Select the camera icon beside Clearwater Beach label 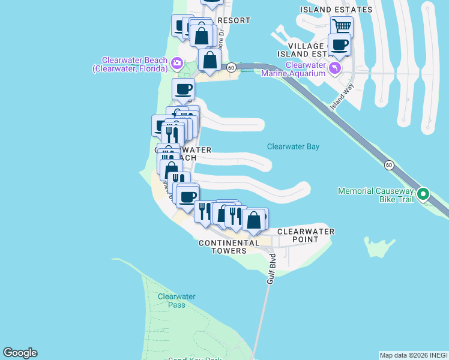pos(176,62)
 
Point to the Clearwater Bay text pos(293,146)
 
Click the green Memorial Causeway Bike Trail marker pos(423,194)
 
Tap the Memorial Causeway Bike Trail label pos(376,195)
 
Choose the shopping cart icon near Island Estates pos(342,26)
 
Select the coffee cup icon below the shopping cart pos(340,44)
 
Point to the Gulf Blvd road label pos(271,268)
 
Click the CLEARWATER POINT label pos(306,235)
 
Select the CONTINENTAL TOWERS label pos(229,247)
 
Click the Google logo pos(20,353)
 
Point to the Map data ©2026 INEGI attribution pos(414,355)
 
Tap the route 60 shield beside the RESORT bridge pos(231,67)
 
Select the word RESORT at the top pos(234,20)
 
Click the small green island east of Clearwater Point pos(378,247)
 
